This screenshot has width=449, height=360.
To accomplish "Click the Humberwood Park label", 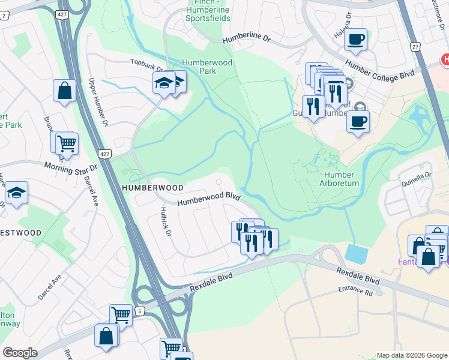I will tap(199, 67).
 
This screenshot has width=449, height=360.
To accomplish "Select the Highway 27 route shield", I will tap(415, 46).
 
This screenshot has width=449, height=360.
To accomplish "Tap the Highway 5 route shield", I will tap(139, 311).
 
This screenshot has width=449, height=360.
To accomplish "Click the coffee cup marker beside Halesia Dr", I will tap(356, 40).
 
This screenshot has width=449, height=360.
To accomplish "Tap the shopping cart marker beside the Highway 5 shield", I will tap(121, 315).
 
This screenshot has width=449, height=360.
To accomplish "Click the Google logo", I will tap(20, 353).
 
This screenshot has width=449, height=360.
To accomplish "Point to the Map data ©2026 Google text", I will tap(411, 355).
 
